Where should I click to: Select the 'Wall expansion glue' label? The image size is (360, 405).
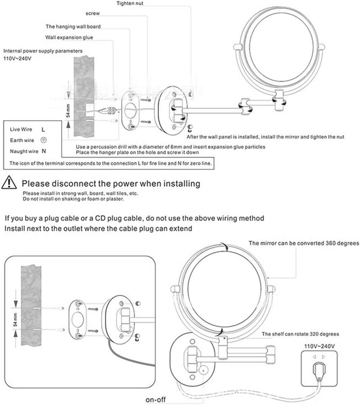[69, 38]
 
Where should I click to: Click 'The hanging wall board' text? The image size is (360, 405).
[73, 27]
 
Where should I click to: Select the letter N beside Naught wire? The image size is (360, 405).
[43, 151]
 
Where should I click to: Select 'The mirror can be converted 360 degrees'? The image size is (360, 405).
[303, 243]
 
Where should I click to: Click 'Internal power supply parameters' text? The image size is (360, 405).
[43, 51]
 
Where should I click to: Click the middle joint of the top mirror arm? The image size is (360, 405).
[246, 105]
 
